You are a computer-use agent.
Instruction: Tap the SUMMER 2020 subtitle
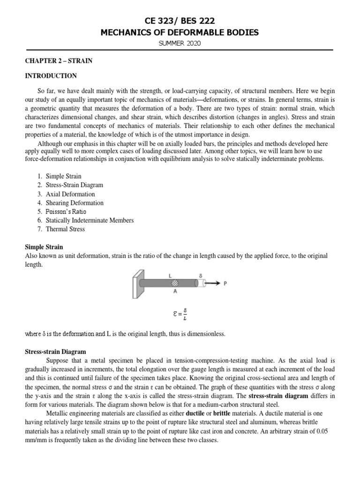pyautogui.click(x=180, y=44)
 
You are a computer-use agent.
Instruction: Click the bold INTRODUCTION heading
pyautogui.click(x=51, y=75)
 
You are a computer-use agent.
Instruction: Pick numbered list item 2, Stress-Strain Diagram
pyautogui.click(x=74, y=185)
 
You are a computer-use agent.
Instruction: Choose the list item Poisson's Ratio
pyautogui.click(x=66, y=211)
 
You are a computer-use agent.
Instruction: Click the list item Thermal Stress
pyautogui.click(x=65, y=229)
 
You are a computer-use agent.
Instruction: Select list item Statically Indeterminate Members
pyautogui.click(x=90, y=220)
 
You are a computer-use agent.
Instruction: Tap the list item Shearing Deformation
pyautogui.click(x=75, y=203)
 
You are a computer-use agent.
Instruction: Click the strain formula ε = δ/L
pyautogui.click(x=180, y=315)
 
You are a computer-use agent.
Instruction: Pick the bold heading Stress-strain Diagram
pyautogui.click(x=54, y=352)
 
